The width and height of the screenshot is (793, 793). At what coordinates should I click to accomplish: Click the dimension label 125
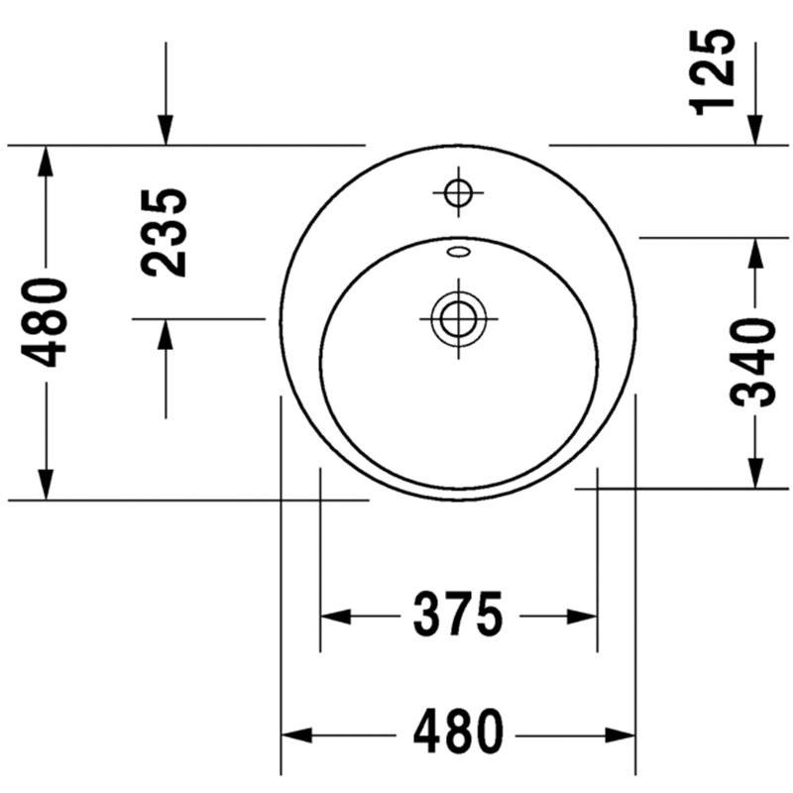point(712,72)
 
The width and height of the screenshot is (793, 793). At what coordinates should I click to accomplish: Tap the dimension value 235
point(164,233)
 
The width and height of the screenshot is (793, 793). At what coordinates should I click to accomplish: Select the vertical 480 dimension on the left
point(44,322)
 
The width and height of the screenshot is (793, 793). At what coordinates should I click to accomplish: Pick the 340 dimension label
point(752,363)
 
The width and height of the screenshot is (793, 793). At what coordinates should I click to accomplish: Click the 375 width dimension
point(458,617)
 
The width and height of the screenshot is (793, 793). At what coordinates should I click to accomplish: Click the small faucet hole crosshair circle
point(458,192)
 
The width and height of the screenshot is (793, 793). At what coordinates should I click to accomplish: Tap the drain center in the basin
point(459,319)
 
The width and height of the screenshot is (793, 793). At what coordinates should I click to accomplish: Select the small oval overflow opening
point(458,252)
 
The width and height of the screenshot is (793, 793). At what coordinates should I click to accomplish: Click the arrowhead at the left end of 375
point(336,617)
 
